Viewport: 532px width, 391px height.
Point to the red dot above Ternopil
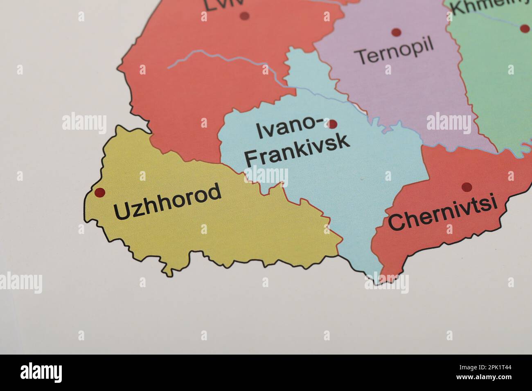point(396,32)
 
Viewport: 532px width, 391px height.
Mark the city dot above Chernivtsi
point(466,187)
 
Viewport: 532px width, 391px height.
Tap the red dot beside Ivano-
point(332,124)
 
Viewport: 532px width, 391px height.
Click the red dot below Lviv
point(245,16)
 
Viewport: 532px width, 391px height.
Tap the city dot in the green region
point(525,28)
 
